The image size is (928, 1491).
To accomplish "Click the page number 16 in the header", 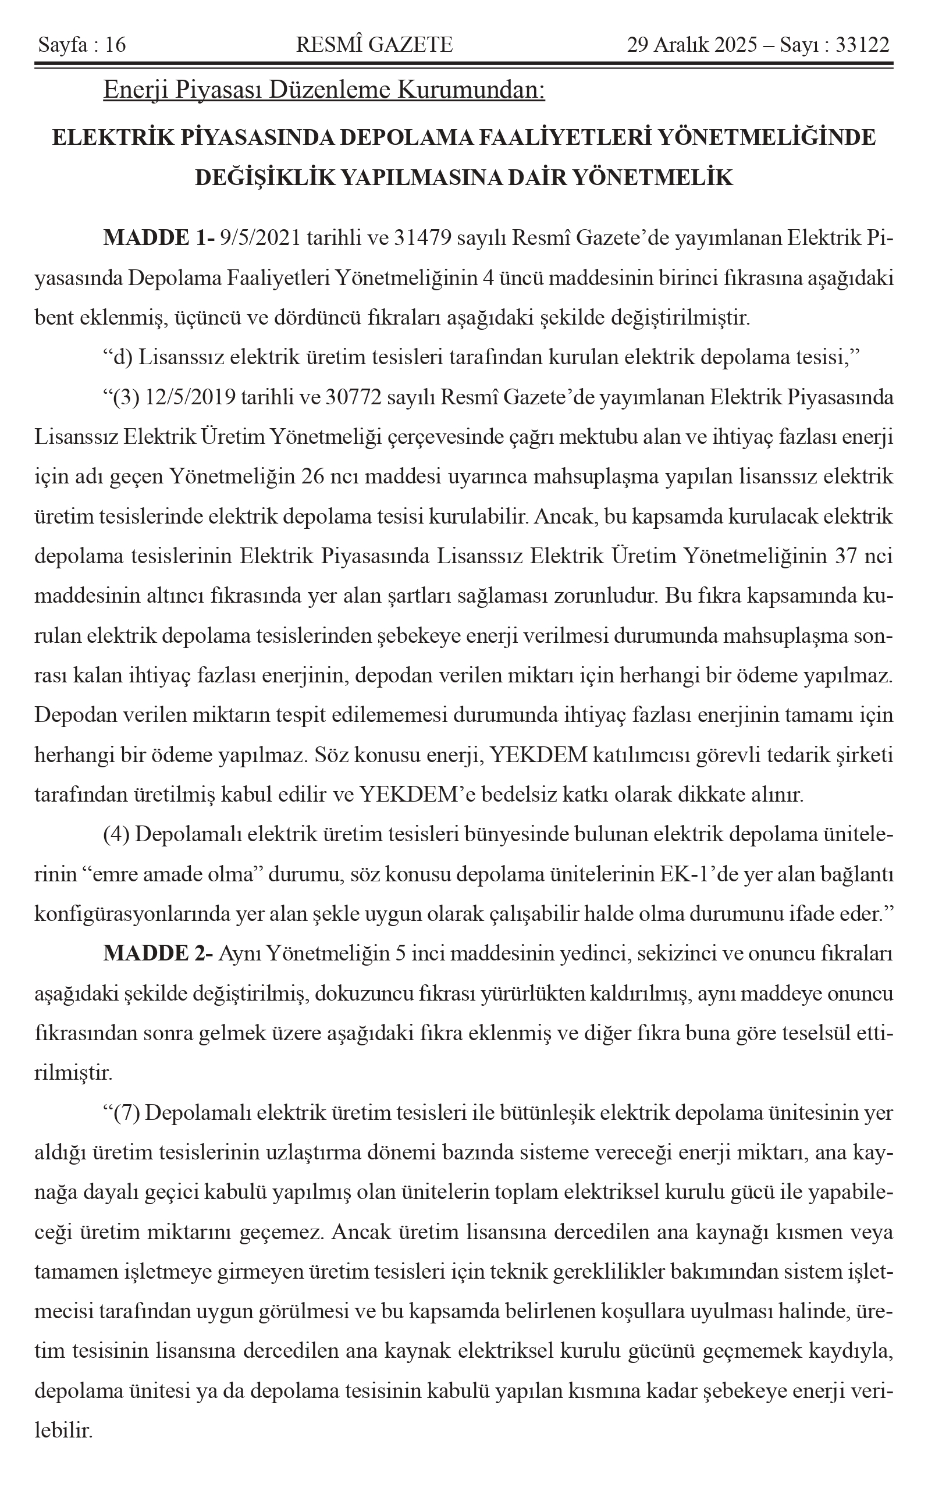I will point(115,45).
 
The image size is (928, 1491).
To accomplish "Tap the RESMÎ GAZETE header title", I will point(374,45).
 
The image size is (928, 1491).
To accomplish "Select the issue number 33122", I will point(862,45).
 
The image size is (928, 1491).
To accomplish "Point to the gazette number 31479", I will point(422,238).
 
